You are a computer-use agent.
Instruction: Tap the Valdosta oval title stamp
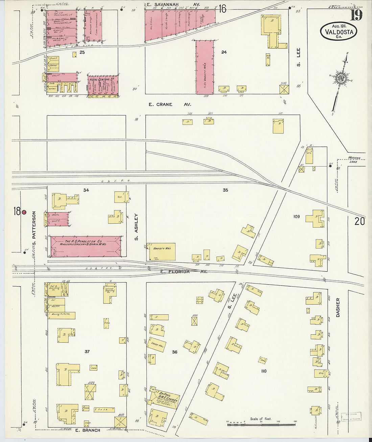click(x=339, y=31)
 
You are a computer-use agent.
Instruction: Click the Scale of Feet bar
click(x=261, y=423)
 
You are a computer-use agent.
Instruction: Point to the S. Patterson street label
click(x=34, y=229)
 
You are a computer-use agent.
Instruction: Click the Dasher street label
click(x=338, y=307)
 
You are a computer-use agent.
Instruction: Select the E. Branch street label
click(x=87, y=430)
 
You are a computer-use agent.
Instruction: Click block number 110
click(x=264, y=371)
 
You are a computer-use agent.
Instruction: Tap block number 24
click(x=224, y=52)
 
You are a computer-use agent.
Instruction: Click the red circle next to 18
click(x=24, y=212)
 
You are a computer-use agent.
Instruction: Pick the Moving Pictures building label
click(x=61, y=314)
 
